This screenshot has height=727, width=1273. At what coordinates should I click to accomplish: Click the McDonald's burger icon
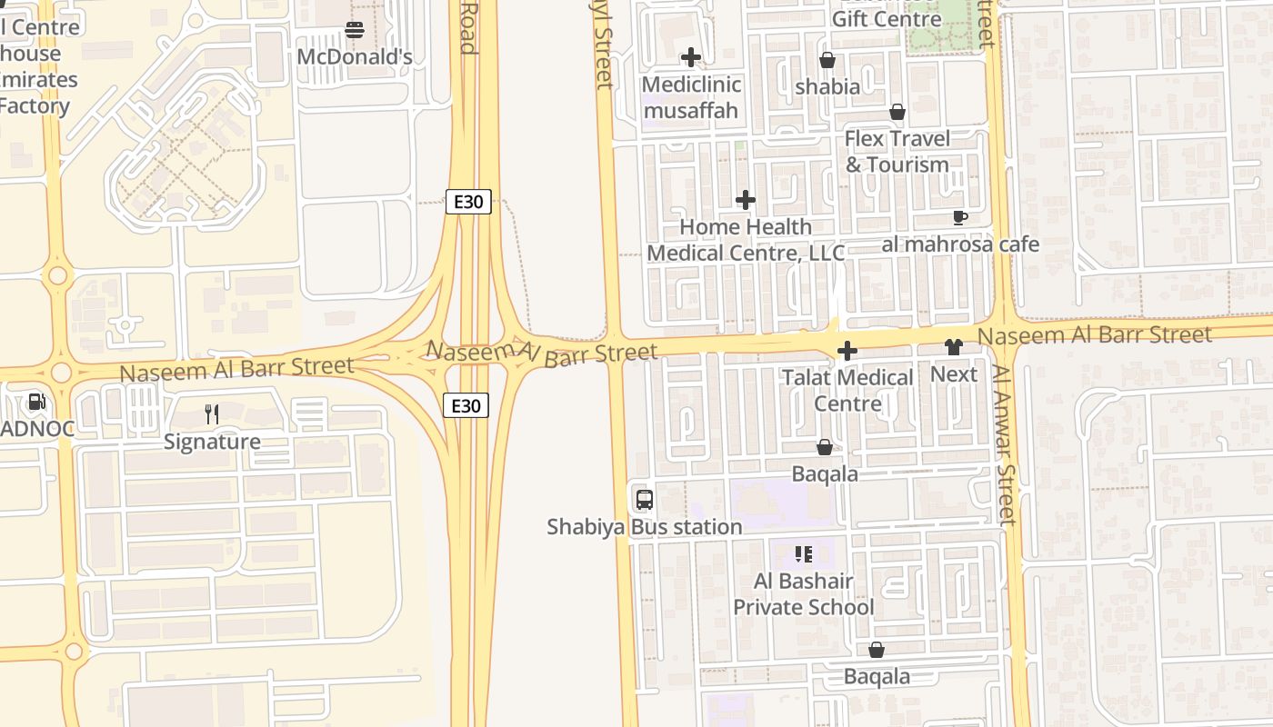[355, 31]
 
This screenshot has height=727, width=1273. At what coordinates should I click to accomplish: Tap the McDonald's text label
[355, 57]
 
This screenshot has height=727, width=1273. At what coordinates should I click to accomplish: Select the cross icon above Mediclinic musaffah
[691, 57]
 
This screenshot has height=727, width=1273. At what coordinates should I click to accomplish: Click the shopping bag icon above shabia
[827, 60]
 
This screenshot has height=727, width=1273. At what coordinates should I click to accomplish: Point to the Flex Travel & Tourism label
[897, 152]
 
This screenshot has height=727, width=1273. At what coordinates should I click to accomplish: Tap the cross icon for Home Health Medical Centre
[746, 200]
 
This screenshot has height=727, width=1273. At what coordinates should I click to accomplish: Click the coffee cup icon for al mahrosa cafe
[960, 217]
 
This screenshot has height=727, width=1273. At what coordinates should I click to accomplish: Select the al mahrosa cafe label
[960, 244]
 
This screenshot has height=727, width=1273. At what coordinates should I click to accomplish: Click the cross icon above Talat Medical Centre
[847, 351]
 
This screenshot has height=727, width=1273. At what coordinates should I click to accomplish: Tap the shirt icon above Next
[953, 346]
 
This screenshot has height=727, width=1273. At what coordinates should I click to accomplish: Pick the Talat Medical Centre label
[847, 390]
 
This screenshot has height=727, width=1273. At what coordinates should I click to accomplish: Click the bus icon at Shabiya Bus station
[645, 499]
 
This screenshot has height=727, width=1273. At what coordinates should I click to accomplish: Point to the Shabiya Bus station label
[645, 527]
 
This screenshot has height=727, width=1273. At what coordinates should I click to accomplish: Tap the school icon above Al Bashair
[804, 553]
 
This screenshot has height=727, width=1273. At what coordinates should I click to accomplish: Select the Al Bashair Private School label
[804, 594]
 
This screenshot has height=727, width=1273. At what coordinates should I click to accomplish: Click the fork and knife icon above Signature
[212, 414]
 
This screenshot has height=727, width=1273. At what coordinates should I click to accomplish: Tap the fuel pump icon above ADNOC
[36, 401]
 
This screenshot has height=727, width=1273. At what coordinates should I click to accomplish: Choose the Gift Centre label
[887, 19]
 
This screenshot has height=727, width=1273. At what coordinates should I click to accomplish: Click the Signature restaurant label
[212, 443]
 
